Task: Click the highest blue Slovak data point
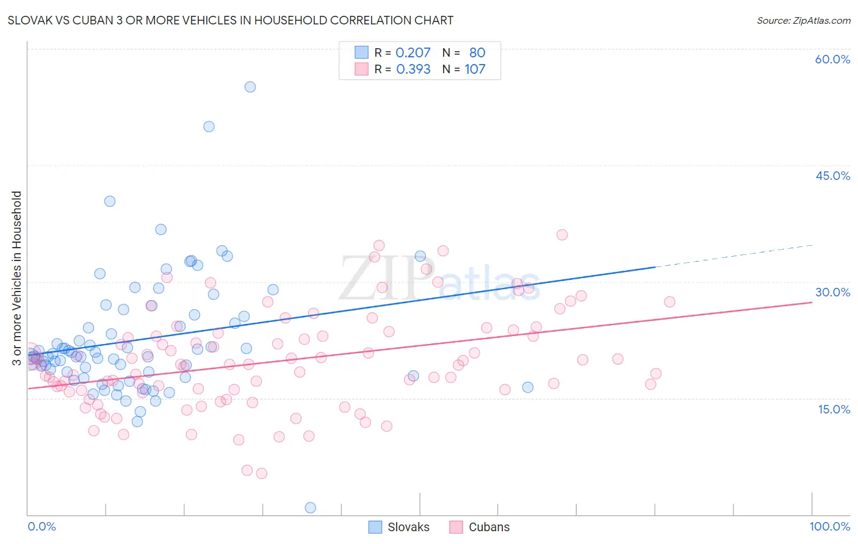(x=250, y=87)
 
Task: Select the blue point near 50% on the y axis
(x=209, y=127)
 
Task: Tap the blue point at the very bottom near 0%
(x=310, y=507)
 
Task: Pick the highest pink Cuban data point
(x=562, y=235)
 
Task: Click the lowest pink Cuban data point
(x=261, y=473)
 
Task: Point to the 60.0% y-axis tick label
(x=832, y=59)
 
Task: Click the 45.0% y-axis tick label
(x=832, y=176)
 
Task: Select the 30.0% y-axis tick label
(x=832, y=292)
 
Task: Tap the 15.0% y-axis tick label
(x=834, y=409)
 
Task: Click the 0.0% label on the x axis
(x=41, y=527)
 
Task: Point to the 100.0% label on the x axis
(x=829, y=527)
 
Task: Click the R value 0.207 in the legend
(x=413, y=53)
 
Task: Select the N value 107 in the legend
(x=475, y=70)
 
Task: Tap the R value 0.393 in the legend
(x=413, y=70)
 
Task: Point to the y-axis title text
(x=16, y=278)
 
